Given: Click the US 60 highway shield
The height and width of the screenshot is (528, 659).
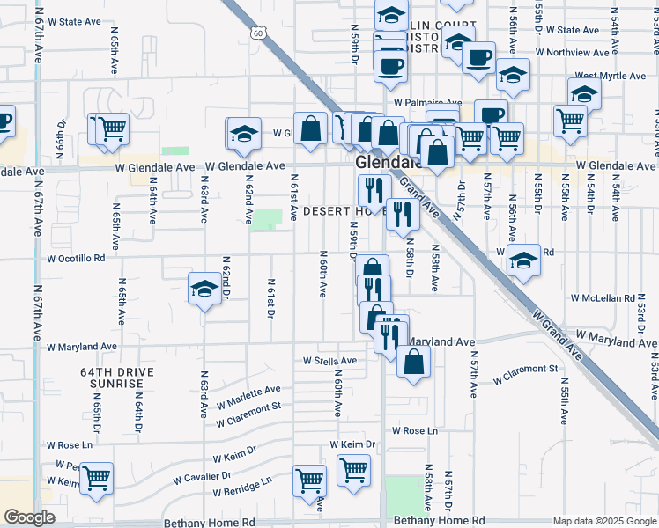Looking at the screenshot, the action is click(256, 33).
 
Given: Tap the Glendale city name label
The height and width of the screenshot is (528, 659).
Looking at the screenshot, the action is click(386, 164).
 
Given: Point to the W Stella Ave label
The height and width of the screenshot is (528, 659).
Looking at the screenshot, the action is click(329, 361).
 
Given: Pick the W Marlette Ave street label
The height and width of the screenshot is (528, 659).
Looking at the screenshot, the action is click(248, 395).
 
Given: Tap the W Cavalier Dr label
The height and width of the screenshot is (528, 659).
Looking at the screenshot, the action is click(202, 476).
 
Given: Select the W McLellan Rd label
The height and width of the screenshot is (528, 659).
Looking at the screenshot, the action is click(603, 298).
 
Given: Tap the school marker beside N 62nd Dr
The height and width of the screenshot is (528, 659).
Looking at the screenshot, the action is click(204, 289).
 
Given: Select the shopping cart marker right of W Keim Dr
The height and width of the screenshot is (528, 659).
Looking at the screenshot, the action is click(353, 469).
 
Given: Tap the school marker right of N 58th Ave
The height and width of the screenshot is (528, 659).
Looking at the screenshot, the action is click(523, 260).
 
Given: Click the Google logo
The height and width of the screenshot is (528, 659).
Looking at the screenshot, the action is click(28, 517).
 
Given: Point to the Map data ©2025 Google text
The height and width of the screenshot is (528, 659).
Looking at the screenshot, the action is click(603, 522).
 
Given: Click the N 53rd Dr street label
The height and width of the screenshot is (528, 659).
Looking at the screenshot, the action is click(641, 318).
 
